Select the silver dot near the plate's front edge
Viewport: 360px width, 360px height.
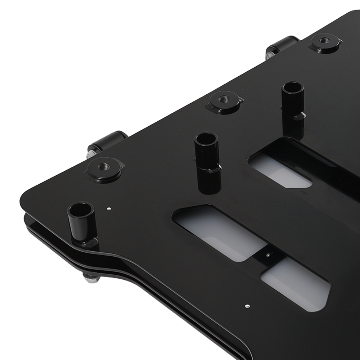(247, 306)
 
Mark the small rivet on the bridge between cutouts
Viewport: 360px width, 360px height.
(268, 255)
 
